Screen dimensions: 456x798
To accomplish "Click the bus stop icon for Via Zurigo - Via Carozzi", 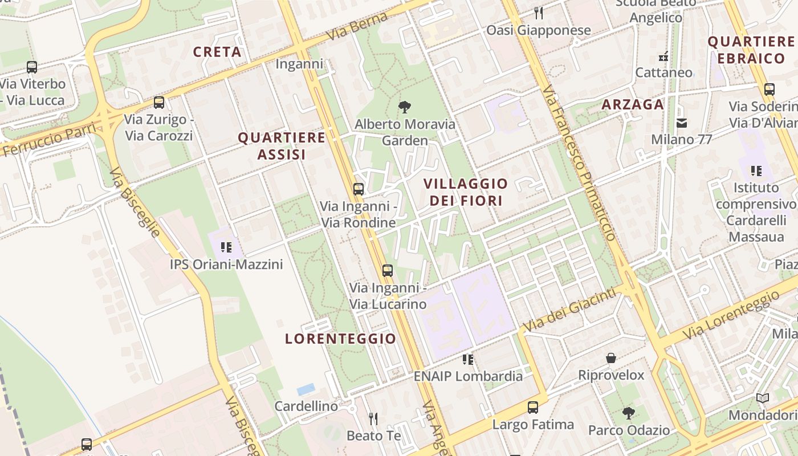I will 159,103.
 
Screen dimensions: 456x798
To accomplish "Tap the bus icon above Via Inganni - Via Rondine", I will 359,189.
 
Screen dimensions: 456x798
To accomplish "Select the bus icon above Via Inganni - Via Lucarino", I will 388,271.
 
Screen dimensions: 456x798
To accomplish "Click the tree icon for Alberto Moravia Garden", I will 405,107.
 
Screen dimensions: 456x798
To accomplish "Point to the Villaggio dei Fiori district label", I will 466,192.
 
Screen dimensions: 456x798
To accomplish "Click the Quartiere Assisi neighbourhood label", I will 282,146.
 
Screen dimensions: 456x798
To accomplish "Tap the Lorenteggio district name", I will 340,339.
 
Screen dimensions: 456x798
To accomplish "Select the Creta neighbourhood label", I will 217,52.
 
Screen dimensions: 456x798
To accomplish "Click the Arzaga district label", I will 633,104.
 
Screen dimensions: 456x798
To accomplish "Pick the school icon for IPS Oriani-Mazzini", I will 226,247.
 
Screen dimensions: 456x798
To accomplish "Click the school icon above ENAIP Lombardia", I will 468,360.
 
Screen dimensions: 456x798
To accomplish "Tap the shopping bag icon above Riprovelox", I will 611,358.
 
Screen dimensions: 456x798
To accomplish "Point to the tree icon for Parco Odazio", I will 629,413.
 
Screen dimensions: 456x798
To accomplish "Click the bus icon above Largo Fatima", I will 533,408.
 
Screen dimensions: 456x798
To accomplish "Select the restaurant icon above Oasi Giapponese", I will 539,13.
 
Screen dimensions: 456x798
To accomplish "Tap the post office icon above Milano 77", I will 681,123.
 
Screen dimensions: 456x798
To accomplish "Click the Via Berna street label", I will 357,26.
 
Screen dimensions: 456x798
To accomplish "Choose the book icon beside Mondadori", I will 763,398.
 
